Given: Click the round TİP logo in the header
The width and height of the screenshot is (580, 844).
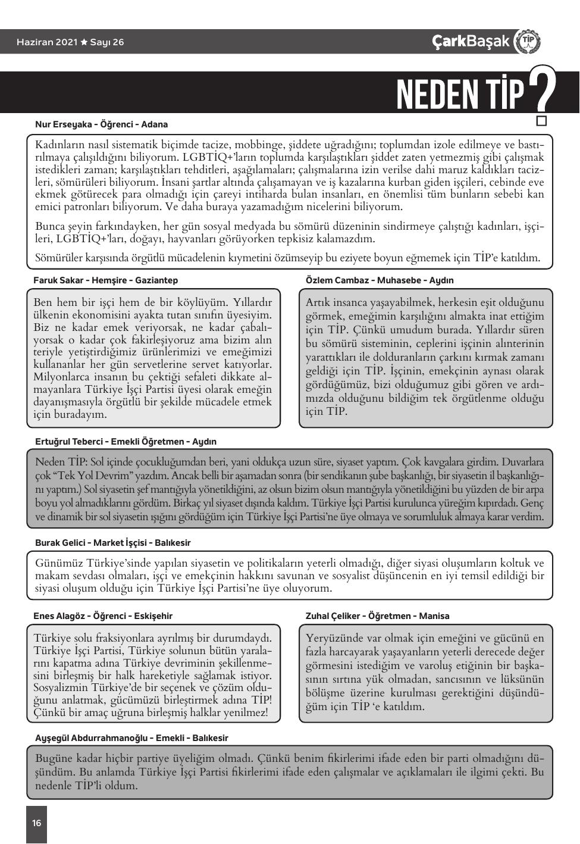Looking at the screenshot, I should pos(526,41).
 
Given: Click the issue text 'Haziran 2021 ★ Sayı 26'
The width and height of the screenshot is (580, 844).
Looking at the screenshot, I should pos(71,42).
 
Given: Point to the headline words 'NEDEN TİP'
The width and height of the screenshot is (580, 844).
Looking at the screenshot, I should pos(460,94).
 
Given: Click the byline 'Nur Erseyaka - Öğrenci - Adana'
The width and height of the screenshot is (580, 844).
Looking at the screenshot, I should pos(102,124).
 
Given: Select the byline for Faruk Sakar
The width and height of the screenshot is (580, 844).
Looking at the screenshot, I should pos(105,280).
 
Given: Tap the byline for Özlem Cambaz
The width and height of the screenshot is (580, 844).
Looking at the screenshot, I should pos(380,280).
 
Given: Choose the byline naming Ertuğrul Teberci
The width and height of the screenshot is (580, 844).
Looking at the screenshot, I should pos(126,442).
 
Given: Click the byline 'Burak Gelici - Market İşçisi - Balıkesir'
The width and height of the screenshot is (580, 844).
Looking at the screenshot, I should pos(113,543).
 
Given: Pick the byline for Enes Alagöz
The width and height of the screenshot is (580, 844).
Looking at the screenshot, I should pos(103,616).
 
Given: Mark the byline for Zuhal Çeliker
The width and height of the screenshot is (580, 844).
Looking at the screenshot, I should pos(377,616).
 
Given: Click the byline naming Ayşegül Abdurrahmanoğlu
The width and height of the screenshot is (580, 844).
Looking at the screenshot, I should pos(131,738).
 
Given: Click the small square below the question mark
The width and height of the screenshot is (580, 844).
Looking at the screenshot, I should pos(541,121).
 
